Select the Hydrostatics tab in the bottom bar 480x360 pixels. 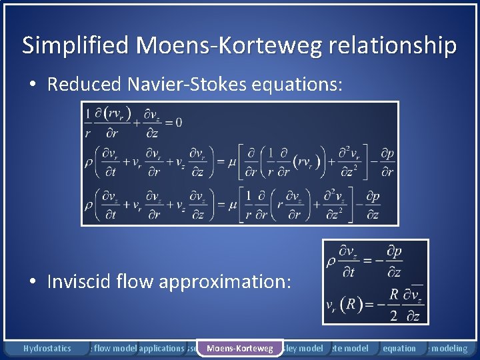[x=47, y=348]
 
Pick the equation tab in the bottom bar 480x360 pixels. [x=399, y=348]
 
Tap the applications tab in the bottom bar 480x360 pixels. [x=161, y=348]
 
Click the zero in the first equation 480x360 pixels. [x=177, y=121]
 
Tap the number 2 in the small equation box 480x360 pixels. [x=393, y=314]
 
